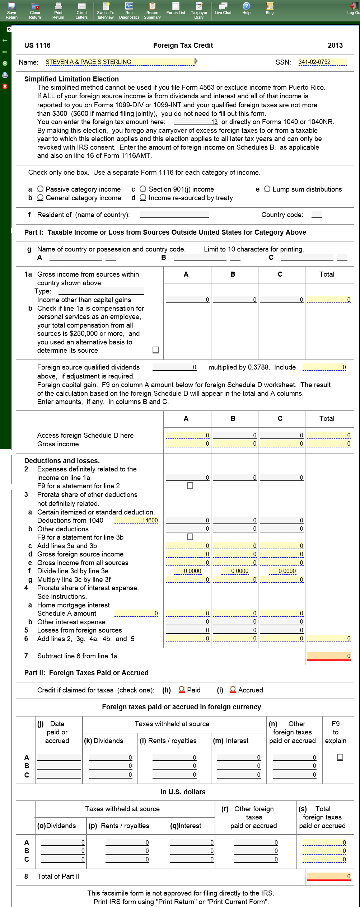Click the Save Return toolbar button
tap(11, 10)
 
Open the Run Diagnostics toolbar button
tap(129, 10)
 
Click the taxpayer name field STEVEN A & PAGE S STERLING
tap(120, 62)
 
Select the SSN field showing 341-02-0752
tap(322, 62)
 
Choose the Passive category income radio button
tap(41, 189)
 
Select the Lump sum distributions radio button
tap(267, 189)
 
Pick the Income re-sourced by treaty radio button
tap(143, 198)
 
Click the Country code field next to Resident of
tap(317, 215)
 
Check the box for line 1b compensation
tap(156, 350)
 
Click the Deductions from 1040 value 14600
tap(136, 521)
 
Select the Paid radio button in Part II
tap(182, 690)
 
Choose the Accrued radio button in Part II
tap(233, 690)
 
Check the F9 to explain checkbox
tap(340, 757)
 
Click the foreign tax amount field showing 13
tap(196, 122)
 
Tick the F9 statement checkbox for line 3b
tap(190, 537)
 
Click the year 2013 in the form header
tap(335, 45)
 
